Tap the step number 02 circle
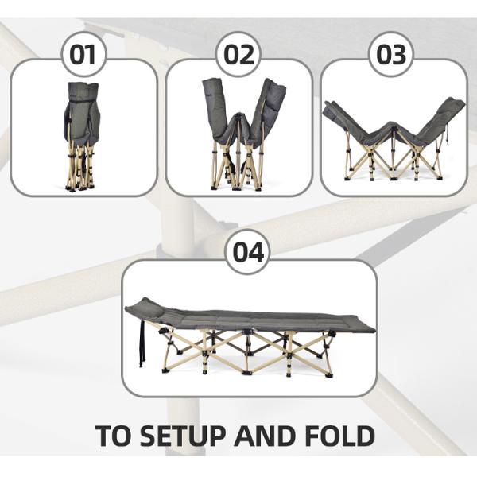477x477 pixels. click(238, 55)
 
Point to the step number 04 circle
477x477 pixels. click(247, 253)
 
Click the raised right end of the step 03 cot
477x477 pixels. click(445, 115)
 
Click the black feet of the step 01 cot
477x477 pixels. click(80, 186)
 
